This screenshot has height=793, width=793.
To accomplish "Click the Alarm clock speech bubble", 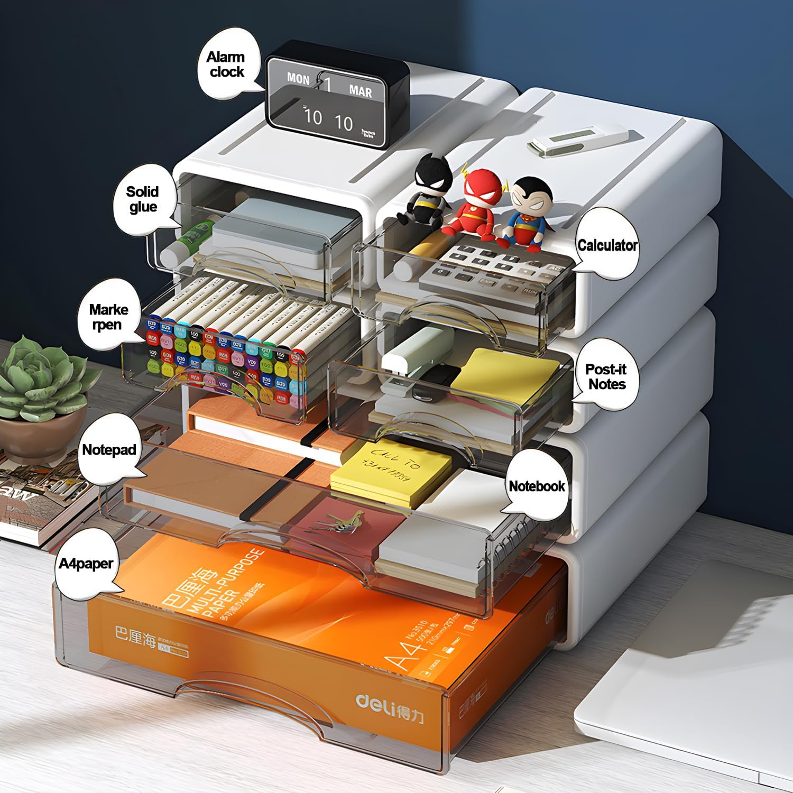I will tap(226, 64).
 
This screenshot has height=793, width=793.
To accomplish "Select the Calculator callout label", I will tap(607, 245).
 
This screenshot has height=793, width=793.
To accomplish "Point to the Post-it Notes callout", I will tap(606, 376).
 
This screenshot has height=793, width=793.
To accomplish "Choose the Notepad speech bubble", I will tap(109, 450).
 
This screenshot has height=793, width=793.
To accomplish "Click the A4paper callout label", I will tap(86, 564).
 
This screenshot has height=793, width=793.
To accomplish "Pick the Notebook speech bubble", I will tap(536, 486).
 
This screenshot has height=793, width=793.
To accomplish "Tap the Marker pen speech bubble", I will tap(108, 317).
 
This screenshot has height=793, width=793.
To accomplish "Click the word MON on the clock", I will tap(298, 79).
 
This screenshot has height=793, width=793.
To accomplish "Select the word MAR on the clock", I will tap(361, 91).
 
